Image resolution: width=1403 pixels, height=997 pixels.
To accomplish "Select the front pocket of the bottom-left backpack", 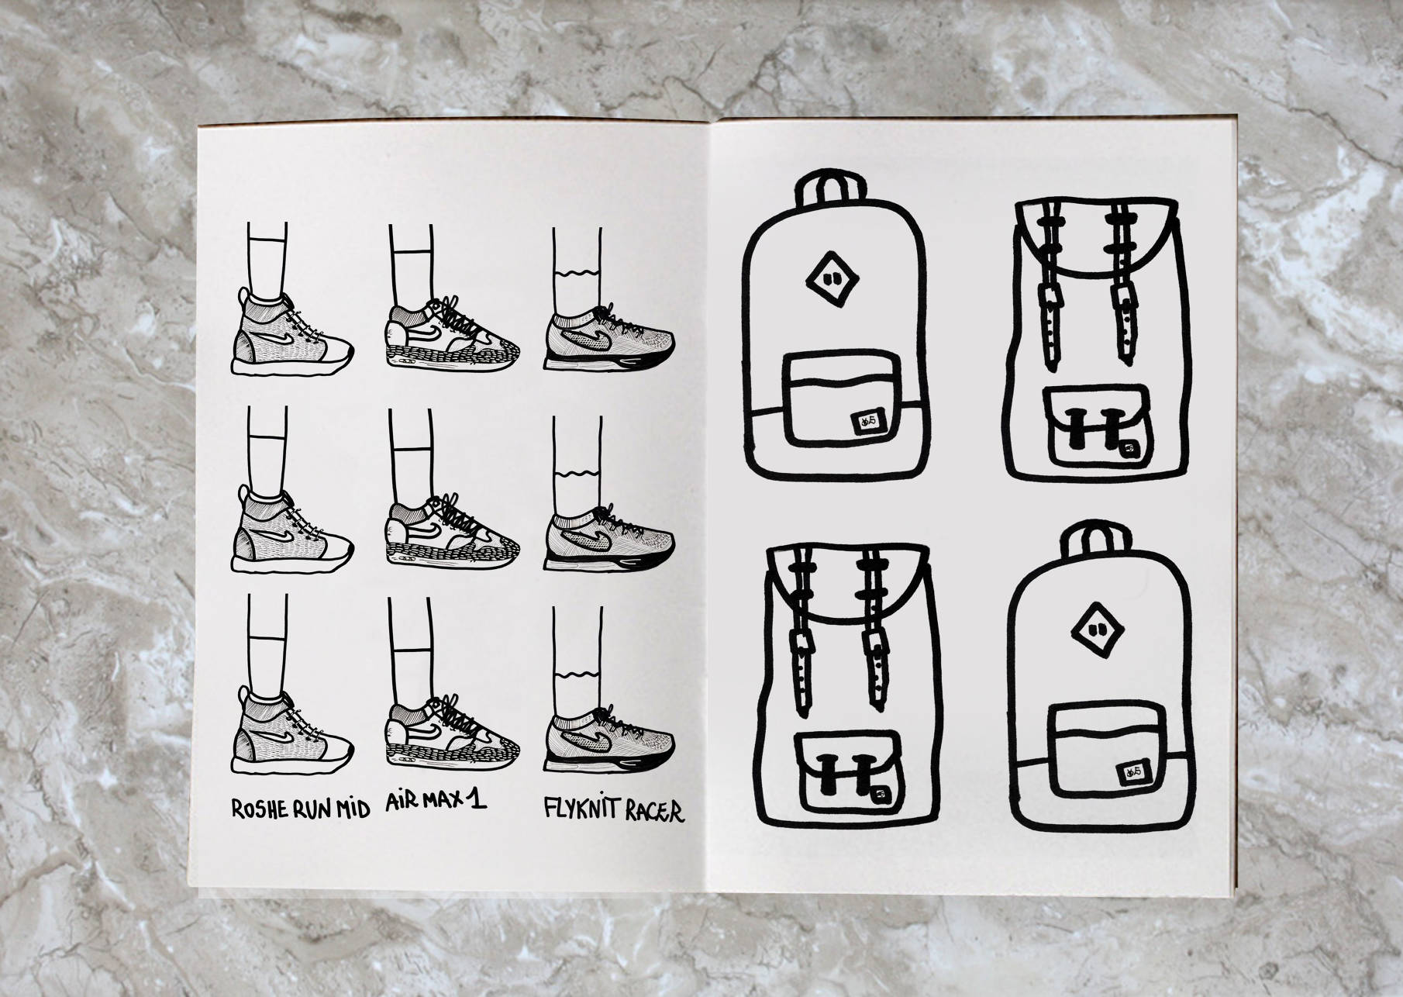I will pyautogui.click(x=846, y=771).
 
